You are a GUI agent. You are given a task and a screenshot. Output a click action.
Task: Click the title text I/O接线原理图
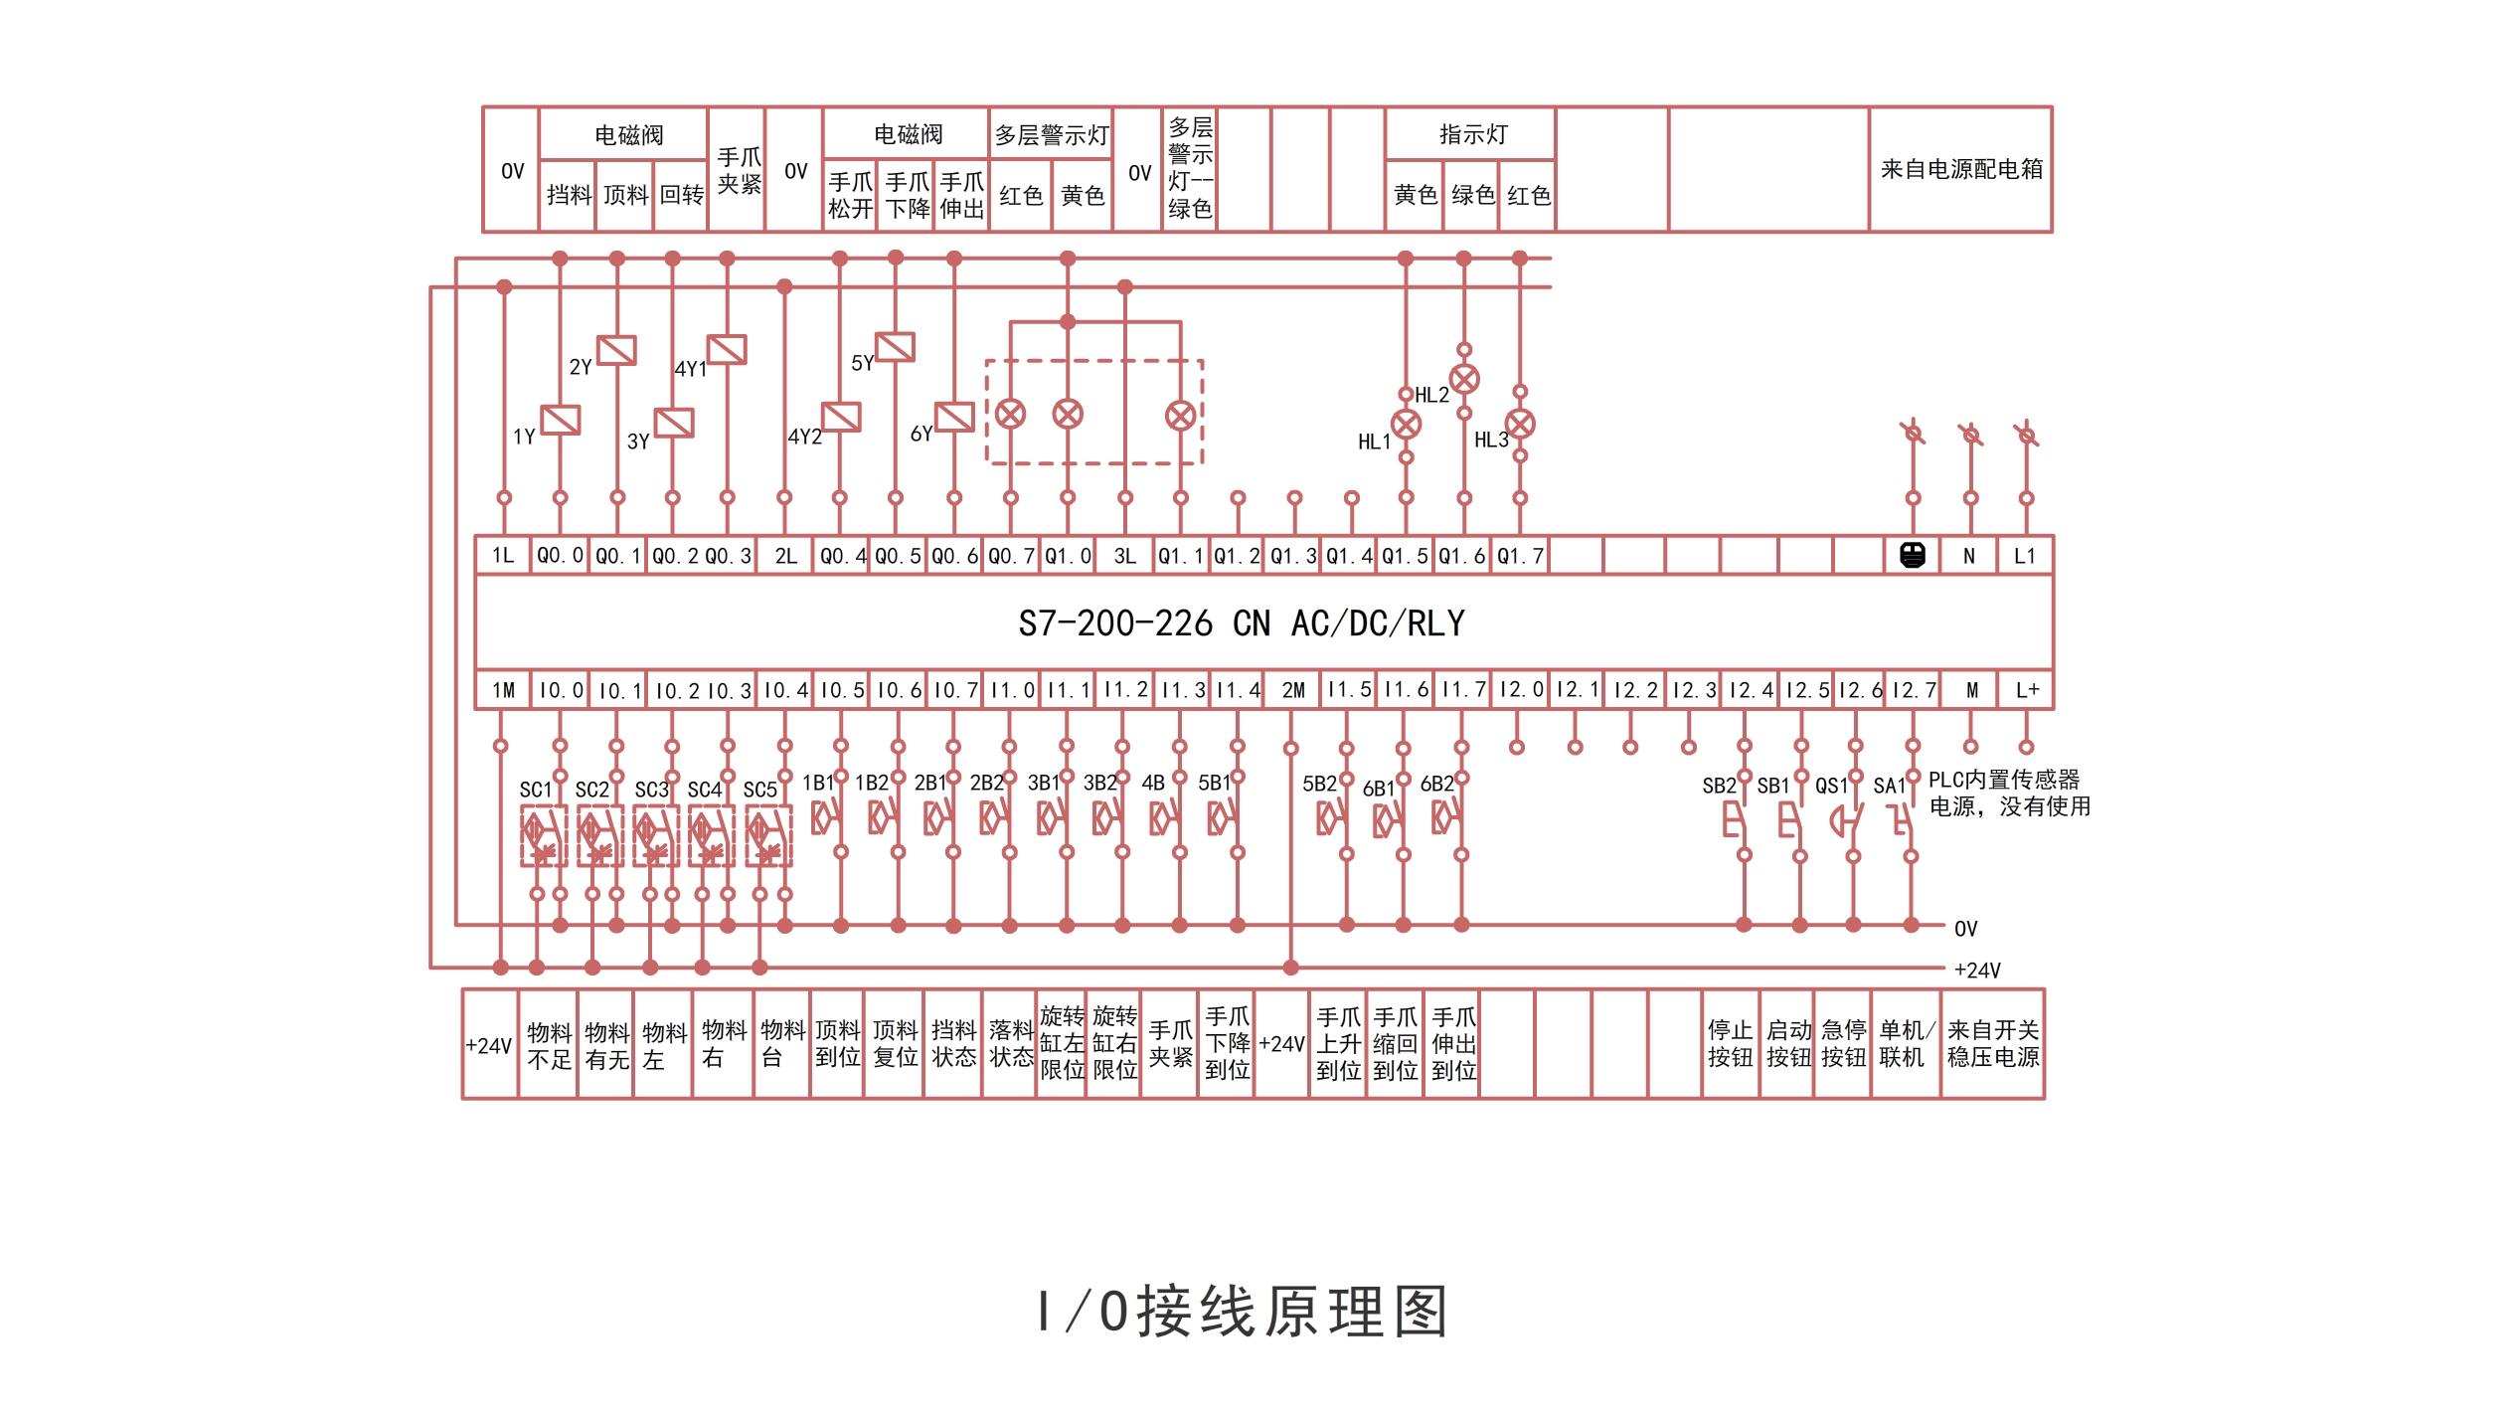pos(1243,1312)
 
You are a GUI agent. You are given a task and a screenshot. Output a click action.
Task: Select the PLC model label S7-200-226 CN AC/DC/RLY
pos(1242,623)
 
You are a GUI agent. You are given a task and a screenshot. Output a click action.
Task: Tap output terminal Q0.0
pos(560,556)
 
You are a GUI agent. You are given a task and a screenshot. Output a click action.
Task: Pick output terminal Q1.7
pos(1520,556)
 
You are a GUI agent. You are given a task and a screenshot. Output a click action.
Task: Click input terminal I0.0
pos(561,690)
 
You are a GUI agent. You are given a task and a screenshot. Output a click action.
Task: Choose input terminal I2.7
pos(1914,690)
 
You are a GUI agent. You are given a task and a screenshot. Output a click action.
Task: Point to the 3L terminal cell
pos(1124,556)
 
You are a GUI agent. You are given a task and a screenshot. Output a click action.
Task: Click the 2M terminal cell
pos(1292,690)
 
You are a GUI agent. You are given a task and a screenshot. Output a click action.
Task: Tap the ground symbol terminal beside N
pos(1913,555)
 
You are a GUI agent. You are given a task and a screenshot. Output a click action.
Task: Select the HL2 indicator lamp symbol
pos(1464,379)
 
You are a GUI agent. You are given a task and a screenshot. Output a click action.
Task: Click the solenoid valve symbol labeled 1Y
pos(560,420)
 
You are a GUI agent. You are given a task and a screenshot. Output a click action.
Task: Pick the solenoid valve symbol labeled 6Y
pos(954,417)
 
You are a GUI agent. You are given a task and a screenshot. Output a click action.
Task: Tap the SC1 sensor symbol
pos(544,835)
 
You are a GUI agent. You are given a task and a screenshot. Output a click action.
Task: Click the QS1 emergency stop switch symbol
pos(1847,821)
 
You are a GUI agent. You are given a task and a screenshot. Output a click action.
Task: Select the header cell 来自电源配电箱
pos(1960,169)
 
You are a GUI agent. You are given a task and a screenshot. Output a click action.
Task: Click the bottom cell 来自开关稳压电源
pos(1992,1043)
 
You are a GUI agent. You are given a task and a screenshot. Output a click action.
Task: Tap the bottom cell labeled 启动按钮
pos(1787,1043)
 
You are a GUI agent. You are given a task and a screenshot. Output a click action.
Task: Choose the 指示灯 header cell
pos(1471,134)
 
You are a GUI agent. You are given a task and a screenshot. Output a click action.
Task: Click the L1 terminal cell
pos(2025,556)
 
